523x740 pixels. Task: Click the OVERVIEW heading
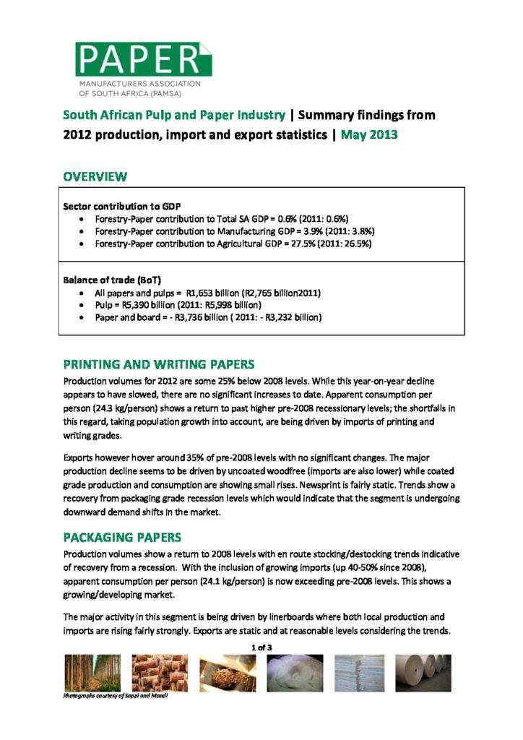click(95, 176)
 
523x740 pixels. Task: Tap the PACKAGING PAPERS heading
click(122, 537)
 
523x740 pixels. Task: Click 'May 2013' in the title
click(369, 134)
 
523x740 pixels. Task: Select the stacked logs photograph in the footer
click(159, 673)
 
